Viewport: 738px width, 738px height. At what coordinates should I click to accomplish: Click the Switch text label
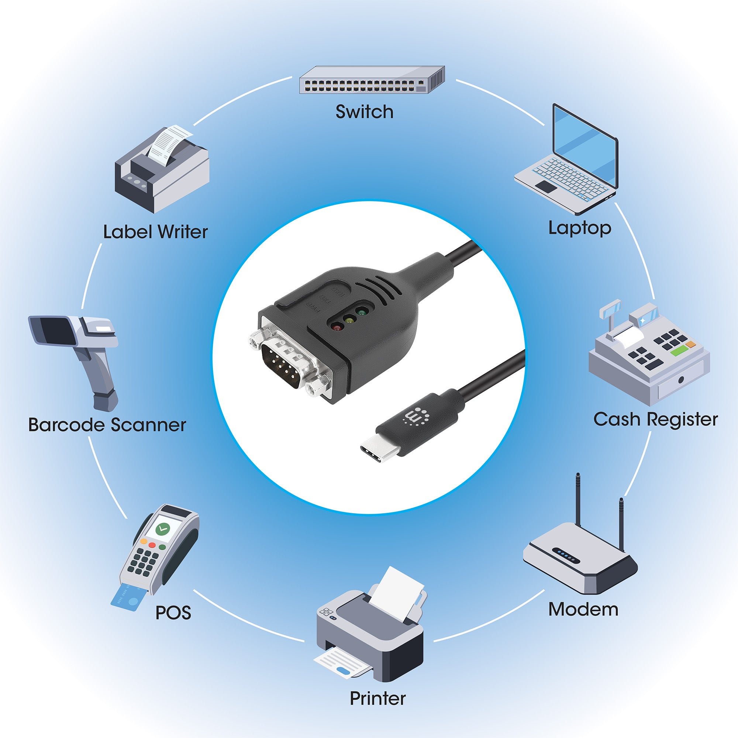pyautogui.click(x=365, y=112)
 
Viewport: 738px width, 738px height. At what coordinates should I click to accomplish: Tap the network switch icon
pyautogui.click(x=372, y=80)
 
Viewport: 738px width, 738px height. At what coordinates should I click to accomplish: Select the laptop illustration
pyautogui.click(x=569, y=161)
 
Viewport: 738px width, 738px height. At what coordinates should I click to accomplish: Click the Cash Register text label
pyautogui.click(x=655, y=420)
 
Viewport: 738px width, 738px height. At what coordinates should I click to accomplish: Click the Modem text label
pyautogui.click(x=583, y=609)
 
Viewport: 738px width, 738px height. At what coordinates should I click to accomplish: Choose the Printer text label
pyautogui.click(x=378, y=698)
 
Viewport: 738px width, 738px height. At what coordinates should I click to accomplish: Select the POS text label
pyautogui.click(x=173, y=613)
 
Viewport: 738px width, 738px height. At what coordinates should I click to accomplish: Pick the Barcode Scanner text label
pyautogui.click(x=107, y=425)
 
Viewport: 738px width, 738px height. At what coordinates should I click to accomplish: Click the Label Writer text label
pyautogui.click(x=155, y=232)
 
